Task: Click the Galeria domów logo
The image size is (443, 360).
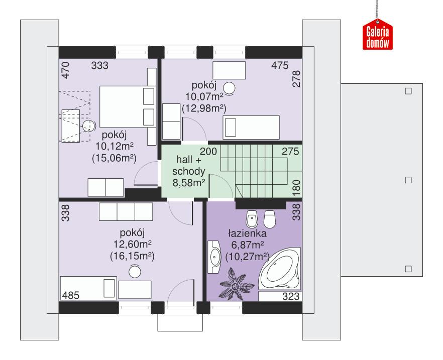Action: click(377, 37)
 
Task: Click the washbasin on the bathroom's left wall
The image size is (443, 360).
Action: click(215, 256)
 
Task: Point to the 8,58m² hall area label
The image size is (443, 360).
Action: click(188, 183)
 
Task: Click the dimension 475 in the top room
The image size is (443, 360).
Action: click(279, 65)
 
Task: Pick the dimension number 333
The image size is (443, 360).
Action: click(100, 65)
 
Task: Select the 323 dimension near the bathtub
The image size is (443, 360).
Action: click(290, 297)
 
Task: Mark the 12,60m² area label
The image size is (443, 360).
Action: click(132, 244)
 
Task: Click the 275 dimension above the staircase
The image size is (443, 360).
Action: click(290, 151)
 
